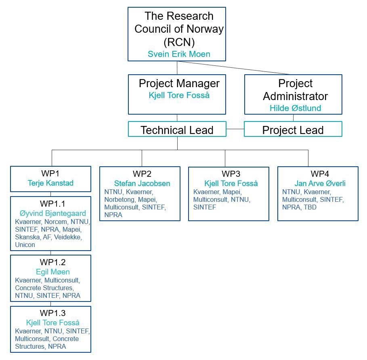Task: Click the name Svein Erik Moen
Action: (x=179, y=54)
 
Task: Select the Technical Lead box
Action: (x=177, y=130)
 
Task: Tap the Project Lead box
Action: (x=293, y=130)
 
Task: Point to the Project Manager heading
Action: (x=179, y=84)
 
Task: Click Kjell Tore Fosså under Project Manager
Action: (x=179, y=96)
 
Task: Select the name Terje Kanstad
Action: (x=50, y=183)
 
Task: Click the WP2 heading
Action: (x=142, y=174)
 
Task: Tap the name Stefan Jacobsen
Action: (x=142, y=184)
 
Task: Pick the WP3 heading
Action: (x=231, y=174)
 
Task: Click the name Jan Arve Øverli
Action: (x=320, y=184)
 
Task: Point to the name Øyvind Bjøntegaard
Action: (x=52, y=213)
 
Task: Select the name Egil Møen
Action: (x=52, y=272)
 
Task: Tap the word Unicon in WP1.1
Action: (x=25, y=245)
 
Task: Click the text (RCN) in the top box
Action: (x=179, y=42)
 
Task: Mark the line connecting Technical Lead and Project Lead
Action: (x=235, y=129)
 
